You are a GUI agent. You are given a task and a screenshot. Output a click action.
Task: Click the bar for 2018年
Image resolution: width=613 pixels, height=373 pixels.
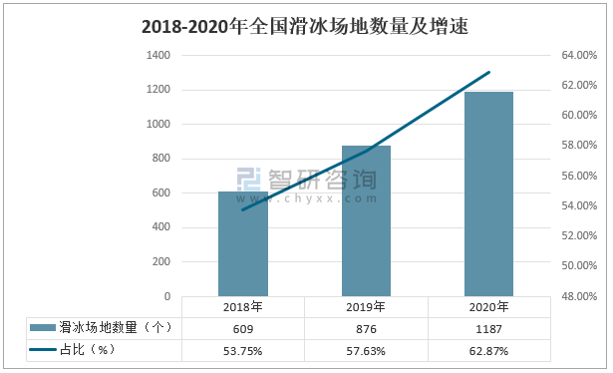point(243,244)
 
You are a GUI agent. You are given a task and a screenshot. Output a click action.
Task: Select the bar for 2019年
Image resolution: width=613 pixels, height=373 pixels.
point(367,221)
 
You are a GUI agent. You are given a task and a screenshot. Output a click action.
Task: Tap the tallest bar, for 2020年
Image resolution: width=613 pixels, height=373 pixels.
point(488,194)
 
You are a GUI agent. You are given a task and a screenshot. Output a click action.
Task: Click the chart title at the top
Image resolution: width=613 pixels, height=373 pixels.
point(305,27)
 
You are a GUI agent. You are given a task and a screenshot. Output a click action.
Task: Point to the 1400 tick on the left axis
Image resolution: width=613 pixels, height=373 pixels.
point(157,56)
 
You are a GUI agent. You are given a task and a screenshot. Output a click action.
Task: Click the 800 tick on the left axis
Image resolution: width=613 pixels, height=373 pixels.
point(160,159)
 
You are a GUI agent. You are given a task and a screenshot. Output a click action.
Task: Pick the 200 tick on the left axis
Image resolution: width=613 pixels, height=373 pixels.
point(160,261)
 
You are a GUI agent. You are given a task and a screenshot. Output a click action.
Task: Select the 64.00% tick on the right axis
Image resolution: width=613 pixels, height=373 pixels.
point(578,56)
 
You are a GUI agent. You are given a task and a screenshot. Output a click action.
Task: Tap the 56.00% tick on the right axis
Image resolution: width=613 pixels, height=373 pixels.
point(578,176)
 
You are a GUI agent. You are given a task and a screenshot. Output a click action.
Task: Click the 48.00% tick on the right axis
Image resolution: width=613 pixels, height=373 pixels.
point(578,296)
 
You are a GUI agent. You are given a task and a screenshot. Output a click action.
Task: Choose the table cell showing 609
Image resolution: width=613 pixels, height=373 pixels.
point(243,328)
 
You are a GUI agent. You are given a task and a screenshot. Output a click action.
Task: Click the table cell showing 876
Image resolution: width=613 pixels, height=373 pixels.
point(367,328)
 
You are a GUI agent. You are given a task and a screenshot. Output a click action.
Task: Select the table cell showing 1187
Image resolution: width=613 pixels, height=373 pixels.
point(488,328)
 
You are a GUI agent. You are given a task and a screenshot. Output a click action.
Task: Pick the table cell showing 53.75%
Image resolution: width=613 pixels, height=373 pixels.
point(243,350)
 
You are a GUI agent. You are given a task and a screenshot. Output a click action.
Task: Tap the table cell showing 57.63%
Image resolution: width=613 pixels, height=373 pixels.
point(367,350)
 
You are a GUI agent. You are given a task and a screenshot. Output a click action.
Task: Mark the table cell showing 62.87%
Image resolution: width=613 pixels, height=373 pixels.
point(488,350)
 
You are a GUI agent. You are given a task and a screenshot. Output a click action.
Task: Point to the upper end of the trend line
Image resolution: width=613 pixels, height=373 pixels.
point(489,72)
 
